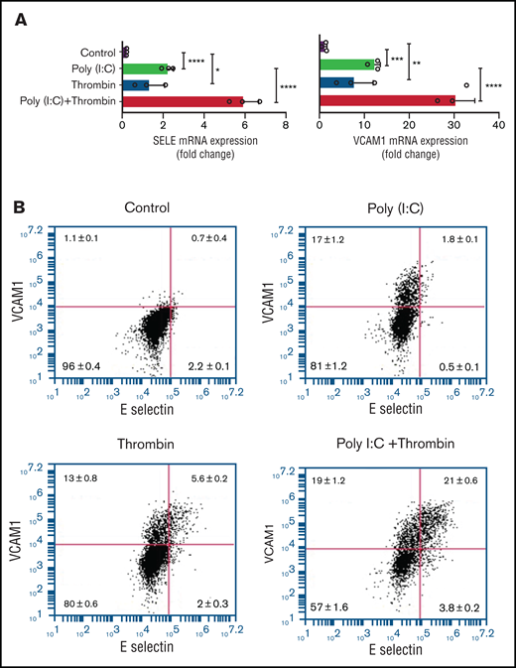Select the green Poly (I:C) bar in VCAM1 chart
tap(348, 67)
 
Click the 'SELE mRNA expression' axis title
tap(203, 142)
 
